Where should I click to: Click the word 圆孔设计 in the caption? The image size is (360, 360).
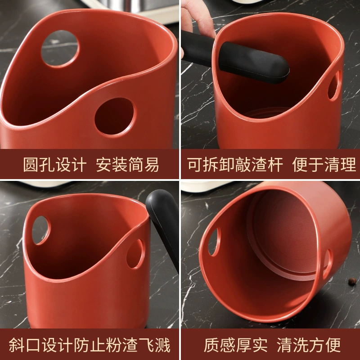pos(55,164)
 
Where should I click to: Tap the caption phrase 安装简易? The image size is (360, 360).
pos(127,164)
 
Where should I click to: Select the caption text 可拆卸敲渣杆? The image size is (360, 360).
pos(234,164)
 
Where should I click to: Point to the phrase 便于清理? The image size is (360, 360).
pos(324,164)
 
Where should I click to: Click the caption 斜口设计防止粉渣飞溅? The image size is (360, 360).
pos(90,345)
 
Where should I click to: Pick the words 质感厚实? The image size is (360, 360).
pos(235,345)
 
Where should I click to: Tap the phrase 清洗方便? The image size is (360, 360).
pos(309,345)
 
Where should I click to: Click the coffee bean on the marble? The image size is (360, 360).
pos(352,281)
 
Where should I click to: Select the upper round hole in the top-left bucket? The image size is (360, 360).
pos(60,49)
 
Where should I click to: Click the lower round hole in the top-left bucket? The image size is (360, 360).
pos(114,117)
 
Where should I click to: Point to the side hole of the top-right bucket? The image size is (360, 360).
pos(333,85)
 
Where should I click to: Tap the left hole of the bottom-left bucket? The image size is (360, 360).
pos(40,230)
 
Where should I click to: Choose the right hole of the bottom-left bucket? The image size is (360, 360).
pos(135,254)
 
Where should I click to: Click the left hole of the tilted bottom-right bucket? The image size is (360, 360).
pos(214,242)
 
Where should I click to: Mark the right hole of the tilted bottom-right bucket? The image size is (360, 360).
pos(328,264)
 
